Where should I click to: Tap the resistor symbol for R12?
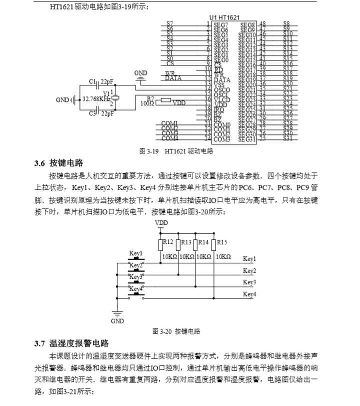click(x=161, y=245)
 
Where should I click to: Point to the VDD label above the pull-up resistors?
click(x=161, y=223)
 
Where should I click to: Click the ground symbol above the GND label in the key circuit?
click(x=117, y=314)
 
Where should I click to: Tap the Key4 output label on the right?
click(x=249, y=295)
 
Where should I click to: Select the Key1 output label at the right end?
click(x=249, y=259)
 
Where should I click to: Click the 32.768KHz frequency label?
click(x=96, y=99)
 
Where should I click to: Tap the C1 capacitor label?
click(x=92, y=81)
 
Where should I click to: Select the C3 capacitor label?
click(x=92, y=114)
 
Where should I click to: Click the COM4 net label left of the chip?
click(x=170, y=138)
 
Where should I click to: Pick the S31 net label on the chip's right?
click(x=287, y=138)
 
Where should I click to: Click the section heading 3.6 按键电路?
click(x=58, y=164)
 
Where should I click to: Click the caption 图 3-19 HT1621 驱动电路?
click(x=176, y=151)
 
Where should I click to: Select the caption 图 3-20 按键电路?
click(x=176, y=331)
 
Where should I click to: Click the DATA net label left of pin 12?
click(x=173, y=78)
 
